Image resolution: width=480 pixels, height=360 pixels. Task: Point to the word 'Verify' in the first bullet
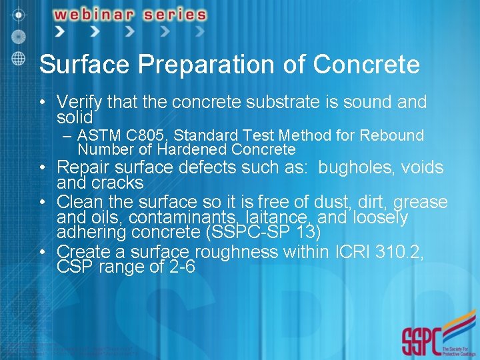[x=79, y=102]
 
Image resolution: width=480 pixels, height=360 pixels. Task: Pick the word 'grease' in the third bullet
[x=421, y=202]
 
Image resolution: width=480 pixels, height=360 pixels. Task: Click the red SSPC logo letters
[x=420, y=341]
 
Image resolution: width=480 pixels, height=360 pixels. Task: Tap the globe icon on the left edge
[x=18, y=57]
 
